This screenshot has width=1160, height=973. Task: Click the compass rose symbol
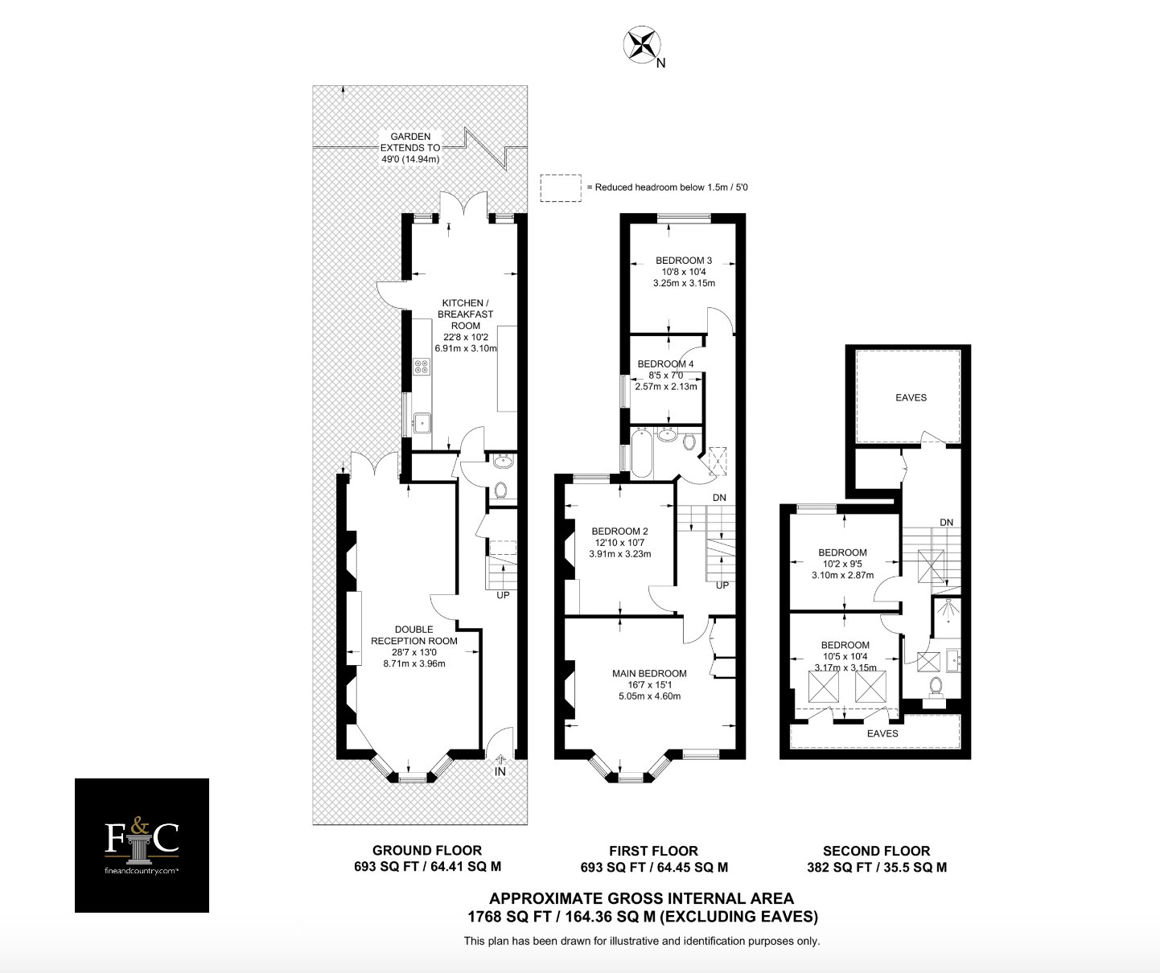[642, 44]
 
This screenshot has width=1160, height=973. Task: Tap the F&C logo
[142, 845]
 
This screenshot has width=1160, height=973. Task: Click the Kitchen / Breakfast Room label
[466, 326]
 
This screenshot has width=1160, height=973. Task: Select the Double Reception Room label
[414, 647]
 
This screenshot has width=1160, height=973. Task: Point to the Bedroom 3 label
[684, 272]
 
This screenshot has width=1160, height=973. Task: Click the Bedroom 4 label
[665, 375]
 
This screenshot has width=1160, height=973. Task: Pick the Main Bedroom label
[649, 685]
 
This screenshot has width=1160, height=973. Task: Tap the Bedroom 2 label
[620, 543]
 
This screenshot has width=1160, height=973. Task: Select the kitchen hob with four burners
[421, 366]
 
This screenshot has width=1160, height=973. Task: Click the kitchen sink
[422, 423]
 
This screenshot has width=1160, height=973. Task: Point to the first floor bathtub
[641, 453]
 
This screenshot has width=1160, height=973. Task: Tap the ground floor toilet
[501, 491]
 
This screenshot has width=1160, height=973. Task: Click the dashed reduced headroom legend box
[561, 187]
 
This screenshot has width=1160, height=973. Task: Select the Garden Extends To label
[410, 148]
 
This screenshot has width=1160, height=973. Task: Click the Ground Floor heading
[426, 850]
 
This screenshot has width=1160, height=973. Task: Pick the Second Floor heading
[876, 851]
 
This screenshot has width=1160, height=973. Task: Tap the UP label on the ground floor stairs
[503, 595]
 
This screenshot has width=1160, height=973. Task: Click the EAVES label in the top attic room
[911, 397]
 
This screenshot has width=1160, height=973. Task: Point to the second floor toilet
[936, 688]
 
